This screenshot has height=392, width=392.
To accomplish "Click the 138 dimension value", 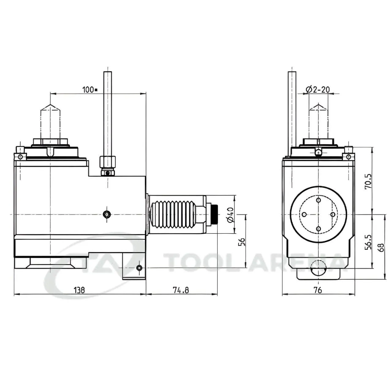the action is click(79, 290).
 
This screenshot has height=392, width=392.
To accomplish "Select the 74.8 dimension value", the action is click(181, 290).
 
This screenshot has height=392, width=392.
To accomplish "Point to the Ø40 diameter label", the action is click(231, 215).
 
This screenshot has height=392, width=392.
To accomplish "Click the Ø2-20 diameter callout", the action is click(318, 89).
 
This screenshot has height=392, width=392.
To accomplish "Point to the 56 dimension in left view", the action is click(242, 242).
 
